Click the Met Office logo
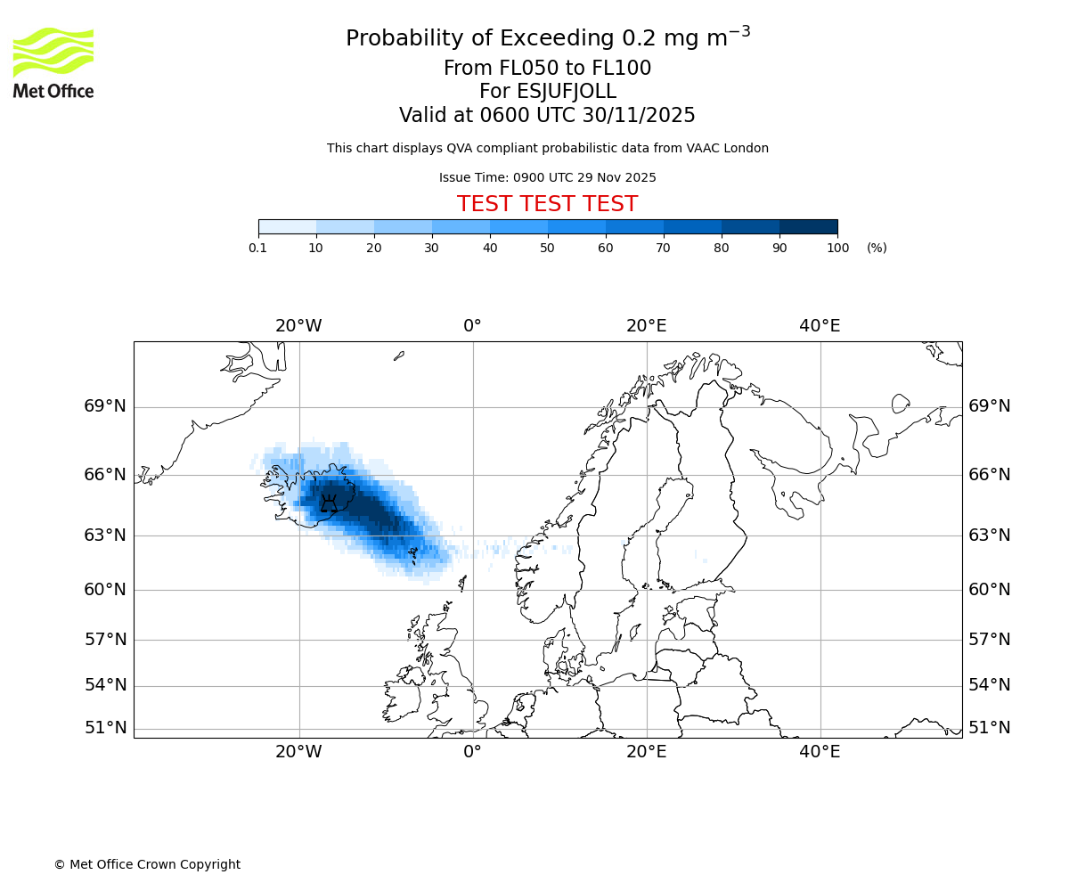(x=53, y=62)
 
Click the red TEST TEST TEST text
(x=547, y=204)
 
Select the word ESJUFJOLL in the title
(x=547, y=92)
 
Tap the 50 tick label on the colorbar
(x=547, y=248)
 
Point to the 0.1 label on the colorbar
(x=258, y=248)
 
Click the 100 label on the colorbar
(x=837, y=248)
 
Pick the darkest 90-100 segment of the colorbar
(x=808, y=226)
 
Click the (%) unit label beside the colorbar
(x=877, y=248)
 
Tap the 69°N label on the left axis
(x=105, y=406)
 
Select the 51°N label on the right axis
(x=990, y=728)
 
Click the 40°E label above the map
(x=820, y=326)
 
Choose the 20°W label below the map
(x=298, y=752)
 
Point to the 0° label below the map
(x=472, y=752)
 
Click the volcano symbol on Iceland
(x=330, y=504)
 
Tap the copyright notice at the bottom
(x=147, y=864)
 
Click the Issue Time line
(x=547, y=177)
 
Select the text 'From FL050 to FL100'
(x=547, y=69)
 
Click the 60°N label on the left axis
(x=105, y=590)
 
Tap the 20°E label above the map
(x=646, y=326)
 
